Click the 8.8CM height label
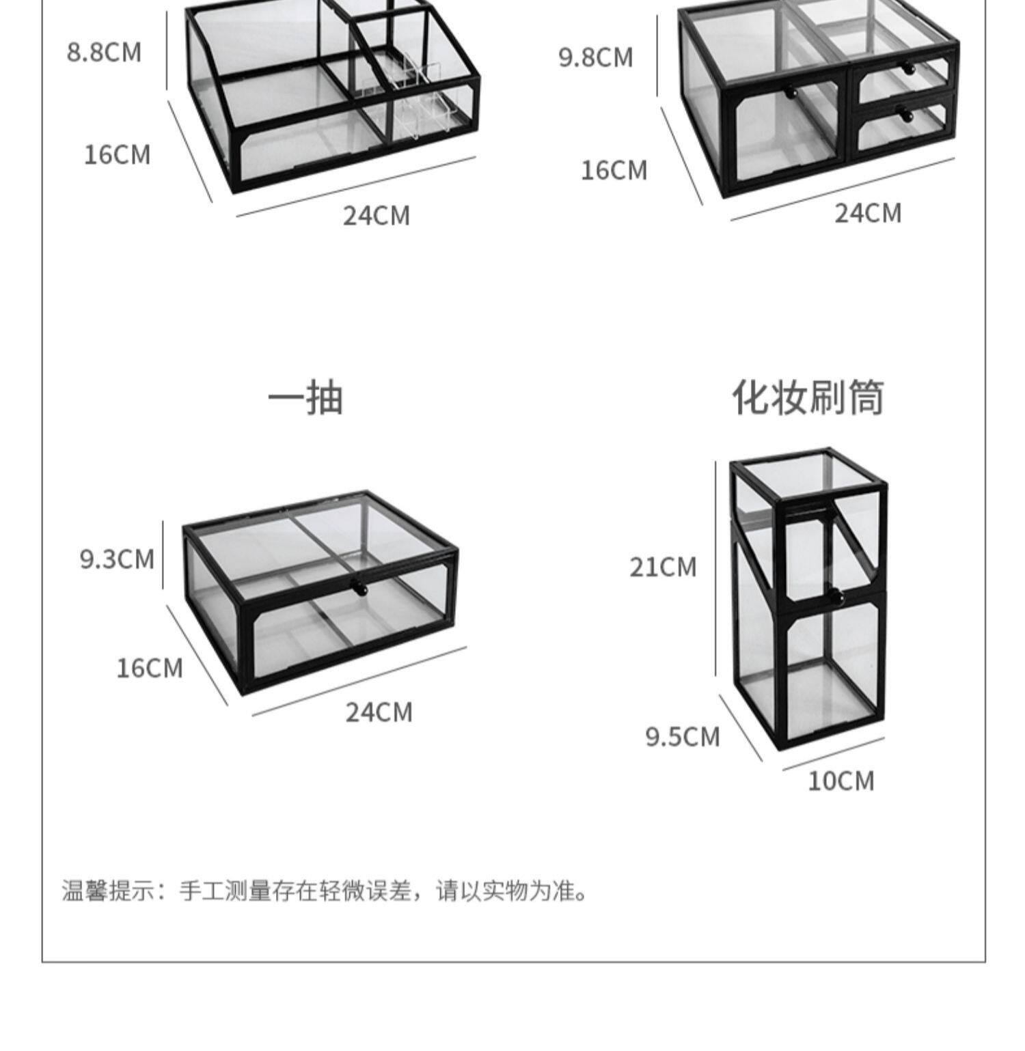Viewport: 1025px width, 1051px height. coord(104,53)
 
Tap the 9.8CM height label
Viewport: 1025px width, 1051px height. coord(596,57)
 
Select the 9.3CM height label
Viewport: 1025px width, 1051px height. coord(117,559)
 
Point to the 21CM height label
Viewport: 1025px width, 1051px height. coord(663,567)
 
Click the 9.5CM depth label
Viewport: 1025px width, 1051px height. coord(683,737)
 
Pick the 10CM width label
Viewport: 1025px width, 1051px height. coord(840,781)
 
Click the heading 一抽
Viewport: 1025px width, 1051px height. coord(305,398)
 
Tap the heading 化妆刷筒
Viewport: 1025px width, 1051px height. coord(808,397)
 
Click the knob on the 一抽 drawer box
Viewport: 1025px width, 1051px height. coord(358,586)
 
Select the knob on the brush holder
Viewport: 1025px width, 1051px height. coord(835,598)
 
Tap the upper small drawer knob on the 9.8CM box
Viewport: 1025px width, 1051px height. coord(907,69)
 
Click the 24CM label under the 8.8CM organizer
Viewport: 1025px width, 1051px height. coord(377,216)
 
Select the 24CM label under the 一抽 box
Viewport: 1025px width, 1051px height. coord(379,712)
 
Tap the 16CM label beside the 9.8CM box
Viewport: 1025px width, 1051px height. coord(614,170)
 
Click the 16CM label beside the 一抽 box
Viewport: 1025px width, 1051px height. coord(150,667)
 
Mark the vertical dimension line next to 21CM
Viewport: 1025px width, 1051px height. coord(716,567)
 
